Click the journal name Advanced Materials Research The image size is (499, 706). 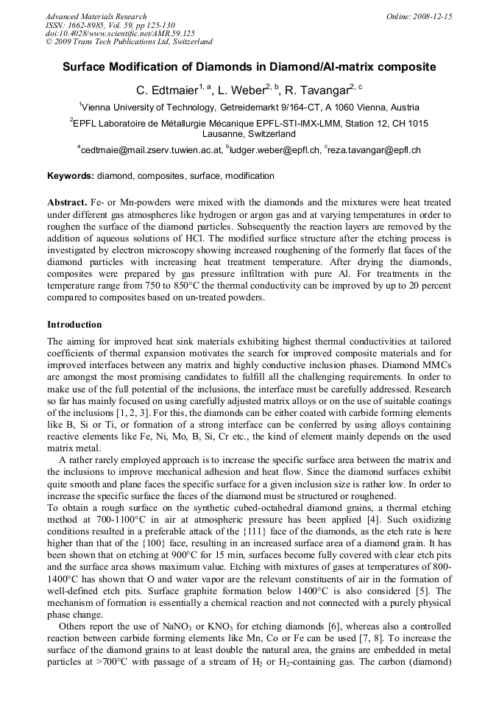[x=96, y=16]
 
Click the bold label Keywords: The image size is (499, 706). [x=71, y=177]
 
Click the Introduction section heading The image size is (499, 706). [x=74, y=325]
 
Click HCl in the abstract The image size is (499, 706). [x=367, y=239]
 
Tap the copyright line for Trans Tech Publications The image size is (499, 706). [x=129, y=43]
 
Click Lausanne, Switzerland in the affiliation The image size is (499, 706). [x=249, y=135]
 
